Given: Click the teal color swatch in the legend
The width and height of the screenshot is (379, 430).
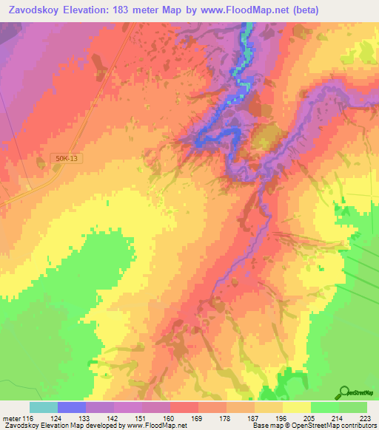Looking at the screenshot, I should coord(44,407).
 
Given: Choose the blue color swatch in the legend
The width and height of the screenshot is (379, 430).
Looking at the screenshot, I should coord(72,407).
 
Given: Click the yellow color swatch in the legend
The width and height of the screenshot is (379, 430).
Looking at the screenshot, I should coord(297,407).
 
